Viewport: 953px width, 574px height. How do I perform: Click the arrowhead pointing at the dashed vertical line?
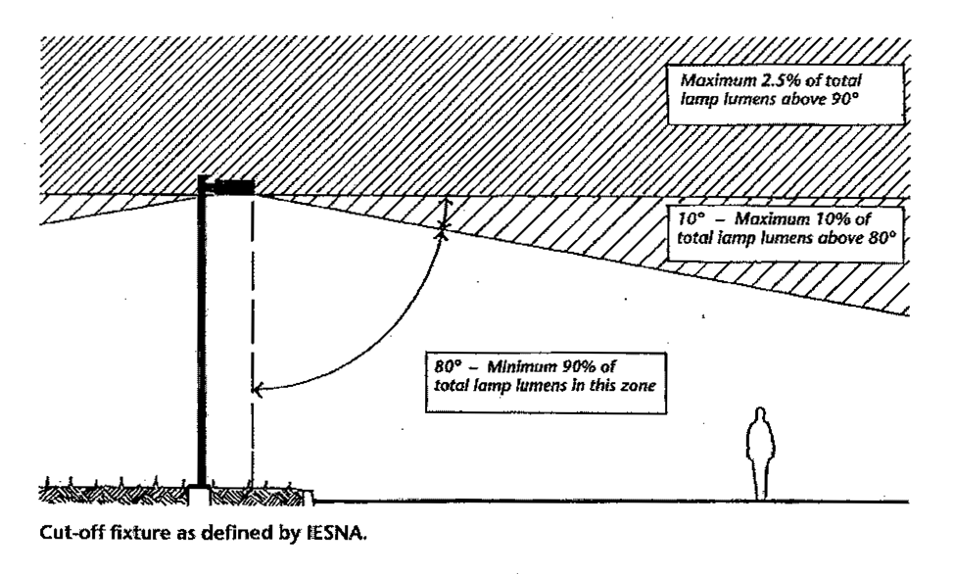tap(259, 389)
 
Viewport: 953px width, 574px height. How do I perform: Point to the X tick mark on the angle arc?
tap(443, 229)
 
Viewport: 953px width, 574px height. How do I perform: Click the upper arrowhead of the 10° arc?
tap(444, 201)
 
